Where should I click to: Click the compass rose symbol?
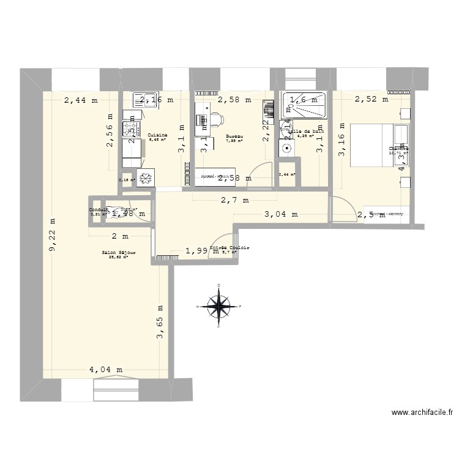(x=219, y=304)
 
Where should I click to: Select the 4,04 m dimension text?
(x=106, y=370)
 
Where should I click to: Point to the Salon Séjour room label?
(x=118, y=253)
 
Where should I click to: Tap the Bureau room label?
(x=234, y=136)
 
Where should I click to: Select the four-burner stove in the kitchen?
(x=130, y=129)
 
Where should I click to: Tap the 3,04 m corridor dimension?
(x=281, y=214)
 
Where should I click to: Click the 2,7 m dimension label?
(x=236, y=200)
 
